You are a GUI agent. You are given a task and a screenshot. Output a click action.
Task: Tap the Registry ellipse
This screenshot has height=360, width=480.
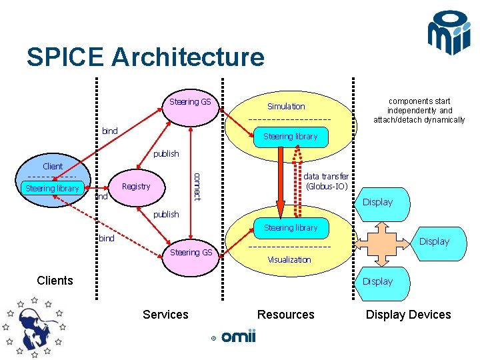coord(136,187)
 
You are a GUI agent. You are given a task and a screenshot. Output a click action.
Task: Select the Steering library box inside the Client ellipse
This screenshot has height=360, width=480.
coord(52,189)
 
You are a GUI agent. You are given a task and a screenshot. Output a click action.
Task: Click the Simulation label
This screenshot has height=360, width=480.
coord(286,106)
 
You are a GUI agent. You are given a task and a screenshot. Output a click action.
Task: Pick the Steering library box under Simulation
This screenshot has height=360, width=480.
coord(290,137)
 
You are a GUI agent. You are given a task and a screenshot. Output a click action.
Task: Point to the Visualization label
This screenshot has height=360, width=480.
coord(289,259)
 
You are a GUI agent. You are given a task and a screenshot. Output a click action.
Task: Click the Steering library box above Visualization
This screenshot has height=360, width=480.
coord(291,228)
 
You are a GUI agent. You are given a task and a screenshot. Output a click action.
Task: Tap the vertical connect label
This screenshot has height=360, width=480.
coord(197,186)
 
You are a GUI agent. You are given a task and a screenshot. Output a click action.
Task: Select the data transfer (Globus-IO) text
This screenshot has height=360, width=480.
coord(325,181)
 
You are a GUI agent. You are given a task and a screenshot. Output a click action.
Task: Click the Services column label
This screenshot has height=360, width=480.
coord(165,315)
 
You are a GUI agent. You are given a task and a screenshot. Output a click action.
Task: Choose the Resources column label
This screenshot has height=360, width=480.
coord(286,315)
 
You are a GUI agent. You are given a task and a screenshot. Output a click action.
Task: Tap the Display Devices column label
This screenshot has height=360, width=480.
coord(408,315)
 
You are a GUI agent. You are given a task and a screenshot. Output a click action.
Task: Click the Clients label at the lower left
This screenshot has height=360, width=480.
coord(55,281)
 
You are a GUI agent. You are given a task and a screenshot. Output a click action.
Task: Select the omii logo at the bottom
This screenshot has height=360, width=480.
coord(237,337)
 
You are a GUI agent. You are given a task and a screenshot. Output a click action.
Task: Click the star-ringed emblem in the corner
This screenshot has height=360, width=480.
coord(33,326)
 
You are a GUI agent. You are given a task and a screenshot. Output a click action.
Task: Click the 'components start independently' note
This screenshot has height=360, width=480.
coord(419,111)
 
